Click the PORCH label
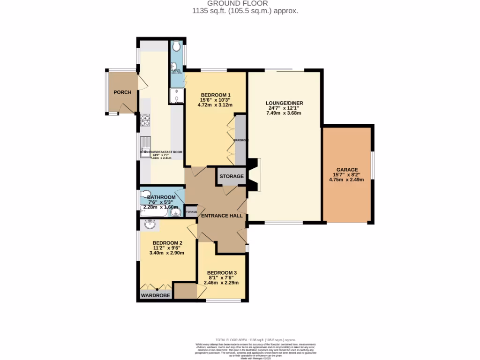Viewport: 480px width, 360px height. click(x=122, y=92)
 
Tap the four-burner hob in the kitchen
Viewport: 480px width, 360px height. click(x=145, y=121)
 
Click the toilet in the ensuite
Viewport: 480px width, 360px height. click(x=177, y=46)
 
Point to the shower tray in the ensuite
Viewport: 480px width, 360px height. click(x=176, y=96)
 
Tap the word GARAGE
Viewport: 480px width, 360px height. click(x=347, y=170)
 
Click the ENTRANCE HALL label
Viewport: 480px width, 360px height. click(x=222, y=216)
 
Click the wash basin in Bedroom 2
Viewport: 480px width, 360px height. click(x=150, y=225)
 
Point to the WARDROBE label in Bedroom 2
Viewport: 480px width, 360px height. click(x=156, y=295)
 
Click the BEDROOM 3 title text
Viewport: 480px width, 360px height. click(x=222, y=273)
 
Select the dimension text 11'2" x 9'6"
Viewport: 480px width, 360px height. click(x=166, y=248)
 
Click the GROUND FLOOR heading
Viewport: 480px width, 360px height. click(x=240, y=3)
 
